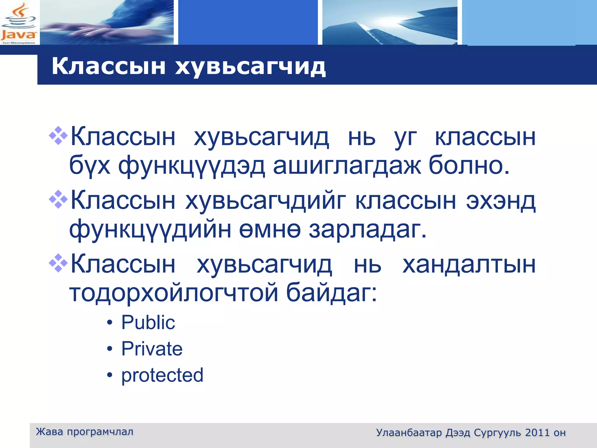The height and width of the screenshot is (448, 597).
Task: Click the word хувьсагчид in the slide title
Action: click(x=250, y=67)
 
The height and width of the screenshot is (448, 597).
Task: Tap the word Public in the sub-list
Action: click(x=148, y=323)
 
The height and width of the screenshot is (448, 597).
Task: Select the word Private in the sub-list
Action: click(x=152, y=349)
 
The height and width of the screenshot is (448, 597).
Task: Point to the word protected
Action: click(x=162, y=375)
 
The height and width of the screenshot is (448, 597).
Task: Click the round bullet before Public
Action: click(x=110, y=323)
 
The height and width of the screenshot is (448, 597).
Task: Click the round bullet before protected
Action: click(x=110, y=375)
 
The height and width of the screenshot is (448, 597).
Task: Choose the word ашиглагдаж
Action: click(x=347, y=166)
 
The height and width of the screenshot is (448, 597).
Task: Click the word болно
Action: click(x=469, y=166)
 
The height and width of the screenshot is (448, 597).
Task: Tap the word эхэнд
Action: click(x=501, y=201)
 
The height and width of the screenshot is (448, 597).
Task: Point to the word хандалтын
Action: click(x=469, y=265)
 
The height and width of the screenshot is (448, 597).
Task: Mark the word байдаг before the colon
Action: click(x=328, y=293)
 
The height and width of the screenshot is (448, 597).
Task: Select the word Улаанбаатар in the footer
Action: click(x=409, y=433)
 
